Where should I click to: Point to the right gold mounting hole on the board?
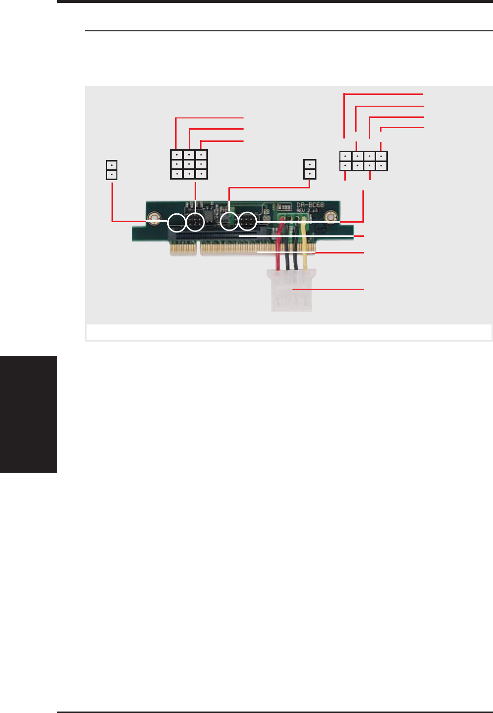pos(332,216)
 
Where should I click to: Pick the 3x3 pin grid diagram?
pos(189,164)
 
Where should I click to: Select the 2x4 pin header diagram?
pos(363,161)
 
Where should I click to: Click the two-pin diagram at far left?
pos(112,169)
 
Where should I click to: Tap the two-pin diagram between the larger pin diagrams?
pos(310,169)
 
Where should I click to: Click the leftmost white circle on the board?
pos(177,223)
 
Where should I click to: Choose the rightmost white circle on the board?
pos(247,221)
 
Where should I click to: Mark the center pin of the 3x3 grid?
pos(189,164)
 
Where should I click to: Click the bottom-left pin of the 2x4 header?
pos(345,166)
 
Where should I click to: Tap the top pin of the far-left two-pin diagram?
pos(112,165)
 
